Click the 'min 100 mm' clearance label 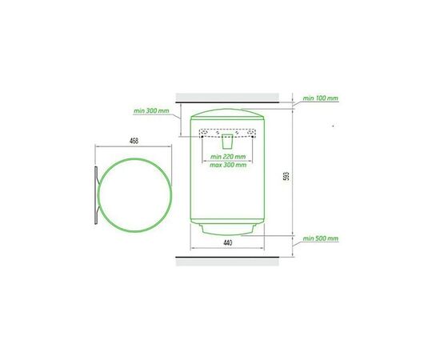(321, 98)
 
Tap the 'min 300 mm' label (151, 110)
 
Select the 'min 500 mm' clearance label (321, 238)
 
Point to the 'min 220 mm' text (228, 157)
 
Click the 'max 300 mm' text (228, 165)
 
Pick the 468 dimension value (134, 141)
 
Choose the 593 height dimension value (286, 176)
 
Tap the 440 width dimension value (227, 243)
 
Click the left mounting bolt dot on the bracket (202, 137)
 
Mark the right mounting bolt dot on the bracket (253, 137)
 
